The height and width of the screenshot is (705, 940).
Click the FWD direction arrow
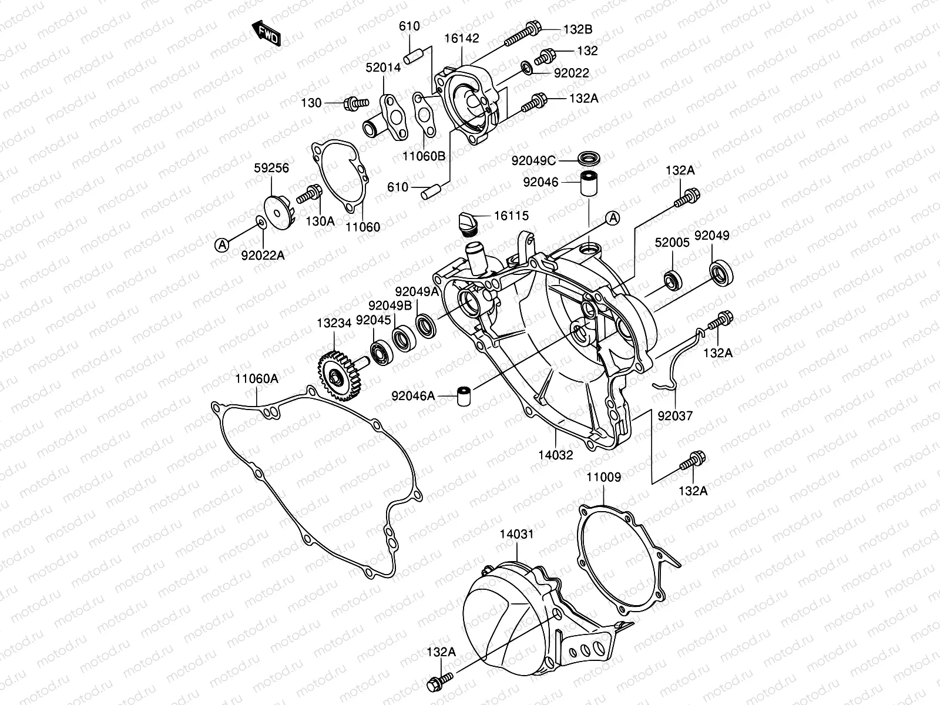266,33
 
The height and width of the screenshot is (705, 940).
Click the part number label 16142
461,39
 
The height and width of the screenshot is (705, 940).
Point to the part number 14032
555,454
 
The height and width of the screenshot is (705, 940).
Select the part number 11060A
257,379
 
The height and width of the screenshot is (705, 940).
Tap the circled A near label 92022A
222,245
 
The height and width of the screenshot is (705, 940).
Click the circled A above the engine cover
612,219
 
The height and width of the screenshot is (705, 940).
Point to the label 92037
675,415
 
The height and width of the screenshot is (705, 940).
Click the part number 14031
517,534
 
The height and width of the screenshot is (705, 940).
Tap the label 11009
603,478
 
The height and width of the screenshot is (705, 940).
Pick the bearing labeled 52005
673,280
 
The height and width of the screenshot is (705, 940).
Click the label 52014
383,68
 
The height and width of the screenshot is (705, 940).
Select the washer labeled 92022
527,69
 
